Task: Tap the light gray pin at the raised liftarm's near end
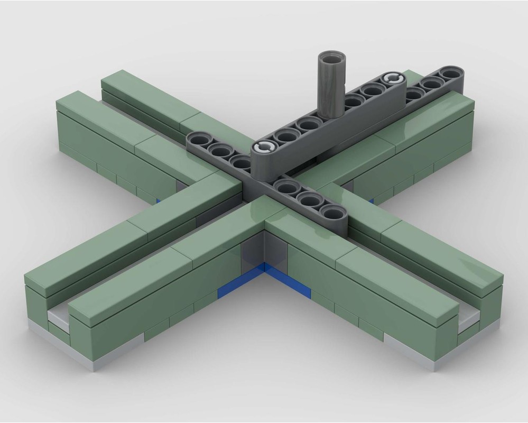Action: (265, 148)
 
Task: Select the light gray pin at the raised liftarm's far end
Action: (392, 79)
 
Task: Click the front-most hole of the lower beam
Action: (333, 213)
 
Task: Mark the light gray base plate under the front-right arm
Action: (423, 352)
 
